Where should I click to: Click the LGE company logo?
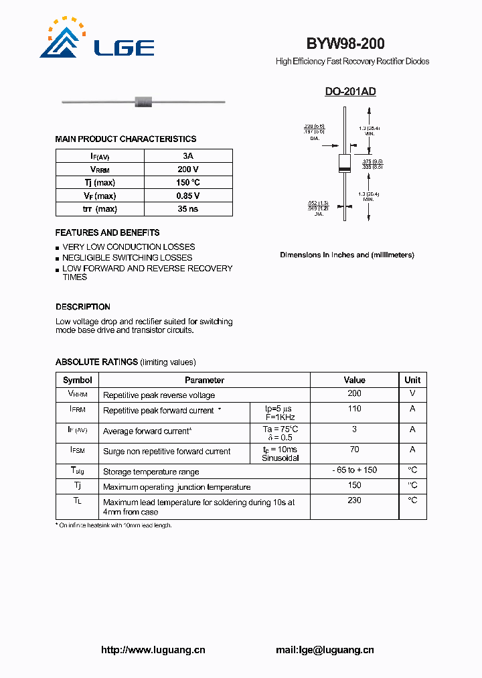click(97, 39)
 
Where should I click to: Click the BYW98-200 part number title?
click(345, 44)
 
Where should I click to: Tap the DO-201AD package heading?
click(350, 92)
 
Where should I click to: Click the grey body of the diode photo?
click(144, 102)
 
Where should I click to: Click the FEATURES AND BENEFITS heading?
click(107, 232)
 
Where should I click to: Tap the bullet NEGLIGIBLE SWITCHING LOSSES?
click(127, 257)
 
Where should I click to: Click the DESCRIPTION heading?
click(83, 307)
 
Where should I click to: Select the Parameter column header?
click(205, 380)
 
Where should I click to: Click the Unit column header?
click(412, 380)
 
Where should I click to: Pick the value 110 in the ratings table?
click(354, 409)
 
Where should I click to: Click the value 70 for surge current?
click(354, 450)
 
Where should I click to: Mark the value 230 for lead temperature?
click(354, 500)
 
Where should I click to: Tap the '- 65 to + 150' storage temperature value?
click(354, 470)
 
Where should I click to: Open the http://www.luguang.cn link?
click(153, 650)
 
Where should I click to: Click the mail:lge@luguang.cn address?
click(325, 650)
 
